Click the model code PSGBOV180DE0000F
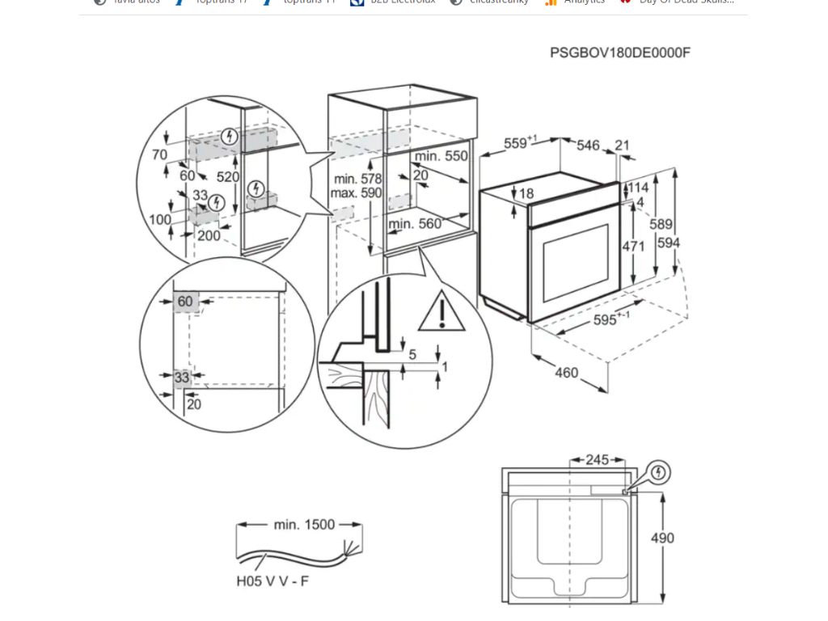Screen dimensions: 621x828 pyautogui.click(x=620, y=53)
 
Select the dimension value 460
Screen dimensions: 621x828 pyautogui.click(x=567, y=373)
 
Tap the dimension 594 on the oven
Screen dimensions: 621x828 pyautogui.click(x=669, y=243)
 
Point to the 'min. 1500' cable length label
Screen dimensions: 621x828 pyautogui.click(x=303, y=525)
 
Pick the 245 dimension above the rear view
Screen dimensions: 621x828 pyautogui.click(x=596, y=460)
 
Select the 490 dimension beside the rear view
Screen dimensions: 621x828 pyautogui.click(x=661, y=538)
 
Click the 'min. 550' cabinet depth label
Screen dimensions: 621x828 pyautogui.click(x=441, y=155)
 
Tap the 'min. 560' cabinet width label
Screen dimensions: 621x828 pyautogui.click(x=416, y=224)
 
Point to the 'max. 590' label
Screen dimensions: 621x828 pyautogui.click(x=356, y=193)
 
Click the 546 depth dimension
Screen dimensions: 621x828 pyautogui.click(x=588, y=146)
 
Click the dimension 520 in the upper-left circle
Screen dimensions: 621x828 pyautogui.click(x=227, y=176)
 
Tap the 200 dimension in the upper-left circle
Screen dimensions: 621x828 pyautogui.click(x=209, y=235)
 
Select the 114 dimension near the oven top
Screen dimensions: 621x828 pyautogui.click(x=639, y=188)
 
